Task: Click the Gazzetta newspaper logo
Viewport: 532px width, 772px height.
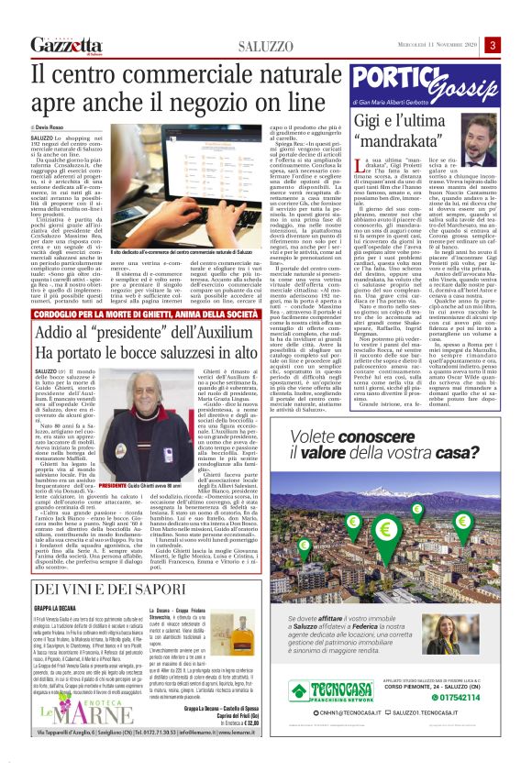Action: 63,45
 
